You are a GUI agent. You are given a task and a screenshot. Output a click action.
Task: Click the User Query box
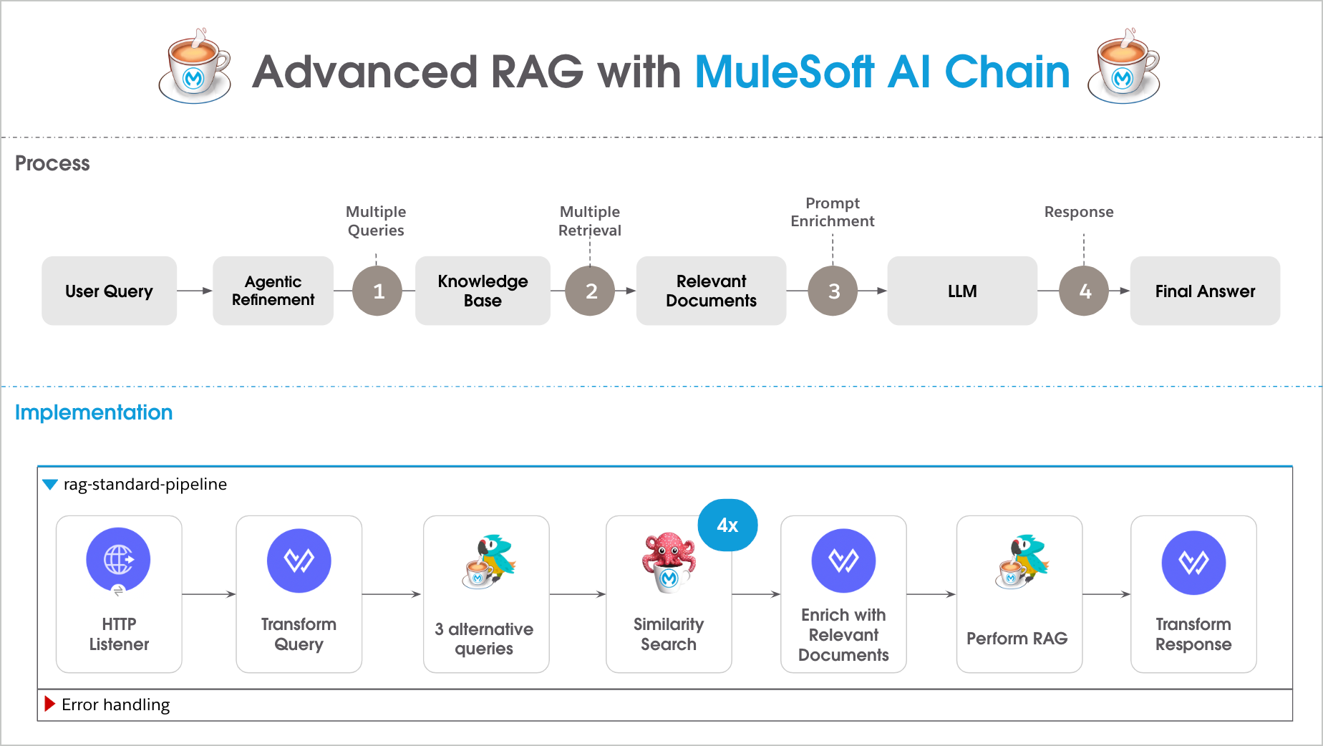109,291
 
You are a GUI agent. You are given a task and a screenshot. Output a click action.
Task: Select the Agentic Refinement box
273,291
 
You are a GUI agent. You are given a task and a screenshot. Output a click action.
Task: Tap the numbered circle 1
377,291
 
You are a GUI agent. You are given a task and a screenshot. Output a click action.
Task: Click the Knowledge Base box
483,291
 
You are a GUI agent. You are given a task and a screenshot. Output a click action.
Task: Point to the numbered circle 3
833,291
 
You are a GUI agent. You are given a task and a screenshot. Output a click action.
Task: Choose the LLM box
961,291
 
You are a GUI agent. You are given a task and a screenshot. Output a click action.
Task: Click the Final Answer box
1204,291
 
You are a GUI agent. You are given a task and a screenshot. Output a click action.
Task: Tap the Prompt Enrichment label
832,212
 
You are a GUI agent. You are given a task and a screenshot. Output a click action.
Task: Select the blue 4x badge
727,525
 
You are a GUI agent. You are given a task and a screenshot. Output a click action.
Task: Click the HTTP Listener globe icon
118,560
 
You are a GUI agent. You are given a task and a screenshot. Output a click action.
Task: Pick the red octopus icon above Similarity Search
669,561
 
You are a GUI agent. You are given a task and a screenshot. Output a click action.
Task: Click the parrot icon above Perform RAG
1022,561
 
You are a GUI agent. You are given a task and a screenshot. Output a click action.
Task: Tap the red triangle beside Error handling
49,704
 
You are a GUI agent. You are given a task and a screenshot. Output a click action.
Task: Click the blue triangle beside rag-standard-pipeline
50,485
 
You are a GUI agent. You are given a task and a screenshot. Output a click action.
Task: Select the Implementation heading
94,412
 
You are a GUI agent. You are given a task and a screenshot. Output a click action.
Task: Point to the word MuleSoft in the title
784,72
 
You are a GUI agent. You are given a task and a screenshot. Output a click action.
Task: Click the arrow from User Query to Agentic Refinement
194,291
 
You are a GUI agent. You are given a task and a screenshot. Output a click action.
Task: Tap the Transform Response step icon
1193,562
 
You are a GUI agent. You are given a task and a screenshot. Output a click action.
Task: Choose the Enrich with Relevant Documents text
843,634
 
